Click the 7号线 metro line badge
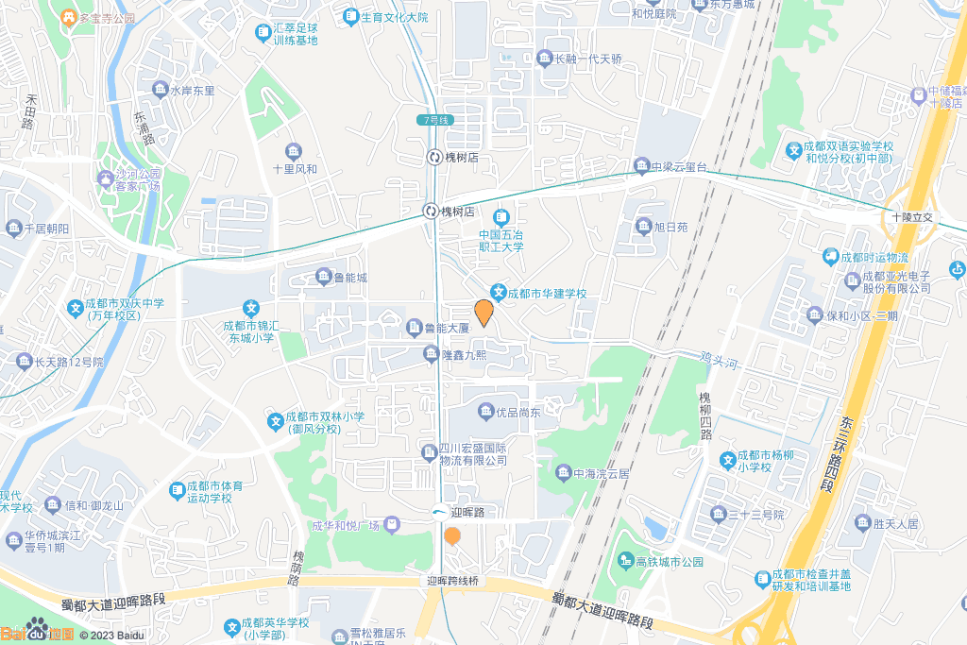click(436, 120)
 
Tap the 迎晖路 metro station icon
click(440, 512)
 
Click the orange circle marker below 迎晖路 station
click(452, 536)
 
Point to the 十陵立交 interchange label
click(911, 217)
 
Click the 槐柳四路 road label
click(704, 416)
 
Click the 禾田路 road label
click(28, 111)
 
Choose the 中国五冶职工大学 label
click(500, 241)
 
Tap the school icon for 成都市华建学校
click(498, 294)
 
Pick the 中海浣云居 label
click(594, 472)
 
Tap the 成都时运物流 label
click(869, 257)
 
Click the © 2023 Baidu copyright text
click(112, 636)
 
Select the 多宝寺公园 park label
click(107, 18)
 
